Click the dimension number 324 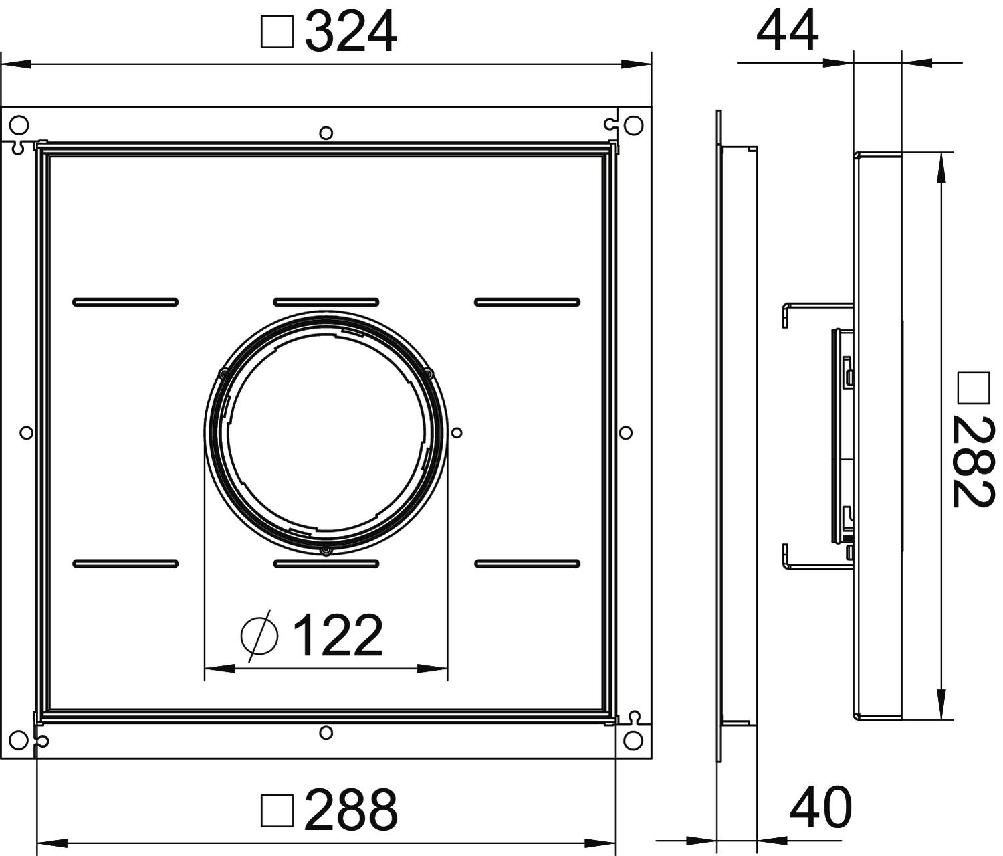click(351, 33)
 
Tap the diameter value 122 click(337, 635)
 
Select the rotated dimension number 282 click(972, 462)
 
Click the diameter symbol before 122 click(259, 637)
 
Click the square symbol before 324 click(277, 32)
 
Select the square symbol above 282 click(974, 388)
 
